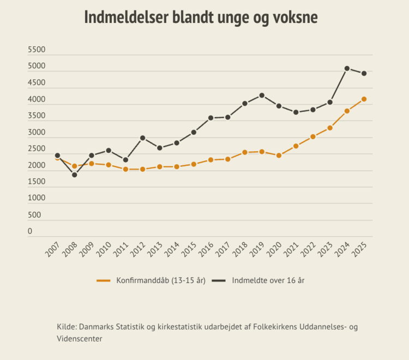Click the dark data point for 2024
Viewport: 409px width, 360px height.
(x=347, y=69)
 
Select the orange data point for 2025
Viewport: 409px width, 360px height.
(x=364, y=99)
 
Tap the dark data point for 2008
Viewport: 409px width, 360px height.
(x=75, y=175)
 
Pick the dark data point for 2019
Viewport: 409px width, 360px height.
(x=262, y=95)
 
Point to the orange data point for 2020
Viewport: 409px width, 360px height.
(x=279, y=155)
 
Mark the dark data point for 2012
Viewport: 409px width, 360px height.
(x=143, y=138)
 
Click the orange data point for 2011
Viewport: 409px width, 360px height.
(x=125, y=169)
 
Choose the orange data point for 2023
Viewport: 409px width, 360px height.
(x=330, y=128)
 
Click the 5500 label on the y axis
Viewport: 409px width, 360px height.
(x=37, y=50)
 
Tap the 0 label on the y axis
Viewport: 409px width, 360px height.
(x=30, y=232)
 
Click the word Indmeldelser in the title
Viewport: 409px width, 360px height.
(x=127, y=17)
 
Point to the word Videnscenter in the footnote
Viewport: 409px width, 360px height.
(x=80, y=338)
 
